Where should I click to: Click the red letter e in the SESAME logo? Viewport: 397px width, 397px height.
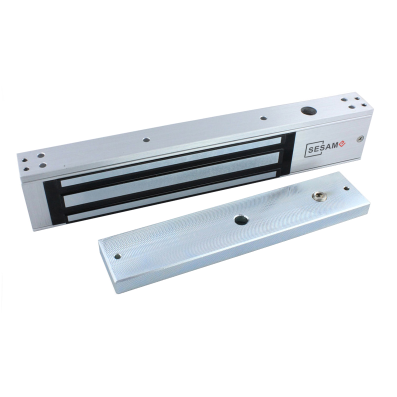(342, 144)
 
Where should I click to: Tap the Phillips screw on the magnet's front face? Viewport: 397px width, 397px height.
(360, 138)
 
